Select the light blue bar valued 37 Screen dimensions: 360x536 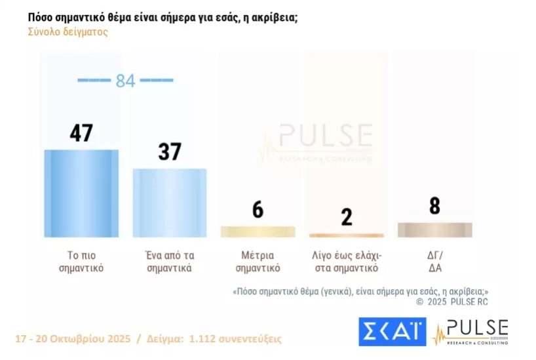pyautogui.click(x=170, y=203)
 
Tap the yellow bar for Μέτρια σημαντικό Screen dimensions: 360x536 pyautogui.click(x=258, y=231)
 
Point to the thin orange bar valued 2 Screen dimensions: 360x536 pyautogui.click(x=346, y=235)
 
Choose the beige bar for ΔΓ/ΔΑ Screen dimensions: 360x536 pyautogui.click(x=434, y=230)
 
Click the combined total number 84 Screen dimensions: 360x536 pyautogui.click(x=125, y=81)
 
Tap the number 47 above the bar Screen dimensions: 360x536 pyautogui.click(x=81, y=133)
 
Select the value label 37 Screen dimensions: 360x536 pyautogui.click(x=170, y=152)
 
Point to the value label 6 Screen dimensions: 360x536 pyautogui.click(x=258, y=210)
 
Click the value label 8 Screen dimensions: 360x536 pyautogui.click(x=434, y=206)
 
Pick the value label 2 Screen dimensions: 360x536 pyautogui.click(x=346, y=217)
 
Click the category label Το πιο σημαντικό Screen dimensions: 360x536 pyautogui.click(x=81, y=262)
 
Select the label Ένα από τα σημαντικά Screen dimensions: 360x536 pyautogui.click(x=169, y=262)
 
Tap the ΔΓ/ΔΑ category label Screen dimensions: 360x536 pyautogui.click(x=434, y=262)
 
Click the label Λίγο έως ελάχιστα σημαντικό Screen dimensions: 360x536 pyautogui.click(x=346, y=262)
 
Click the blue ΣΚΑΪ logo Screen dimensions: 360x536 pyautogui.click(x=392, y=332)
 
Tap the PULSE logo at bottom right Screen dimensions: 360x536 pyautogui.click(x=472, y=332)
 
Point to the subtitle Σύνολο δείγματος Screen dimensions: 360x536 pyautogui.click(x=67, y=31)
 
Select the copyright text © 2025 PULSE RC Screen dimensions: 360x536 pyautogui.click(x=452, y=302)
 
